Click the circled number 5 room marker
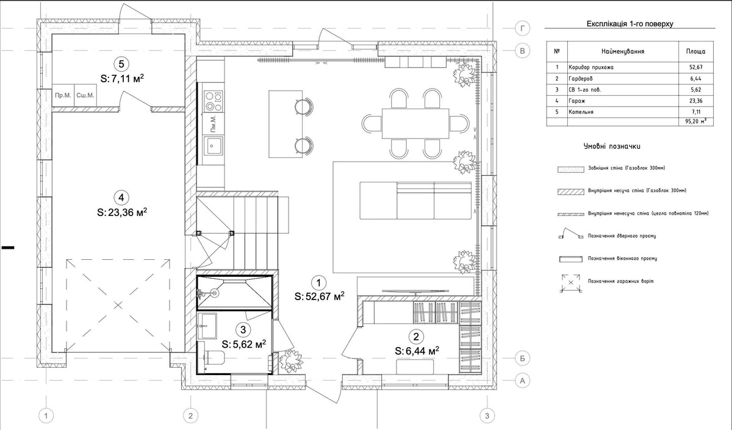(121, 64)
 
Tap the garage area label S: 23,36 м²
(122, 212)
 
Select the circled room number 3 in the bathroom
(243, 330)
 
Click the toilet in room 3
(212, 358)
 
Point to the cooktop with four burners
(213, 101)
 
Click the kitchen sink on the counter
(213, 146)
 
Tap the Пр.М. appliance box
(63, 95)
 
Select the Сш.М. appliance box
(85, 95)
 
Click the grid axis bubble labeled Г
(522, 29)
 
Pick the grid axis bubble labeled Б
(522, 359)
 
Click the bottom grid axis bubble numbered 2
(190, 416)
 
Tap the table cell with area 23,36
(696, 101)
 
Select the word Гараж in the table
(577, 101)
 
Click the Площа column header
(696, 52)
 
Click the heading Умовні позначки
(612, 146)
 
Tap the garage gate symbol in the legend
(571, 282)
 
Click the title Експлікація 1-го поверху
(630, 24)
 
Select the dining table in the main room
(415, 123)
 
